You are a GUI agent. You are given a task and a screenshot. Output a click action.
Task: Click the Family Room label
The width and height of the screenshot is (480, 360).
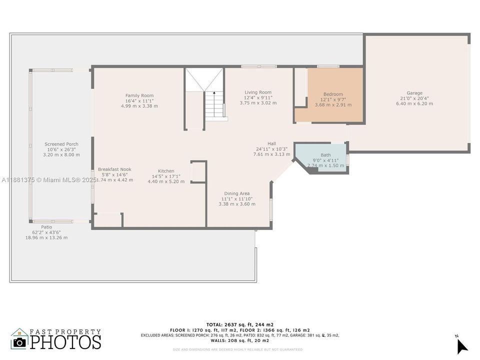(139, 95)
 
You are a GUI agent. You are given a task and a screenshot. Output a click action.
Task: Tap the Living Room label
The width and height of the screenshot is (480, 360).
(258, 92)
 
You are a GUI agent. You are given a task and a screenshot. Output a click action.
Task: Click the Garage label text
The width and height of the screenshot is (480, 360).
(414, 93)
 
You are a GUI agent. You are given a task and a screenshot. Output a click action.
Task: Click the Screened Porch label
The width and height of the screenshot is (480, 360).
(61, 144)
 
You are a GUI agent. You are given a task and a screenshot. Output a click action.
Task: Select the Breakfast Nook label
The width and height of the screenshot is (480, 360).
(114, 169)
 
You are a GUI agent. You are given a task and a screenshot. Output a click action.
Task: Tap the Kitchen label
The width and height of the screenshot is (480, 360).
(166, 171)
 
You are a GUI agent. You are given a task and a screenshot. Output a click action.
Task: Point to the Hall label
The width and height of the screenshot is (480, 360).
(271, 143)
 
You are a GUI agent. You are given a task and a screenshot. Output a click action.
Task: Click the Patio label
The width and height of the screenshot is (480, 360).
(46, 227)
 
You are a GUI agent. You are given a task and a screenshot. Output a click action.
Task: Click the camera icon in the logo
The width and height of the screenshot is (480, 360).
(20, 342)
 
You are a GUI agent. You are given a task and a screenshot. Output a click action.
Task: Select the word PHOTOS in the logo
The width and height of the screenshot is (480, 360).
(65, 341)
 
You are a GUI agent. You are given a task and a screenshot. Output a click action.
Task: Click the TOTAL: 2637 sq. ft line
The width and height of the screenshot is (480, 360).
(240, 324)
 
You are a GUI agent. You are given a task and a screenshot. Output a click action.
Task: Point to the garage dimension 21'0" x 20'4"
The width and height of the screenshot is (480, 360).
(414, 98)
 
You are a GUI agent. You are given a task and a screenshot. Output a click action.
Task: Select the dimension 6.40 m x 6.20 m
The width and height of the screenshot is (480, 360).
(414, 104)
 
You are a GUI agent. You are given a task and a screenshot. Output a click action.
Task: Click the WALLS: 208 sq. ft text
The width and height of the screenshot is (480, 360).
(240, 340)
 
